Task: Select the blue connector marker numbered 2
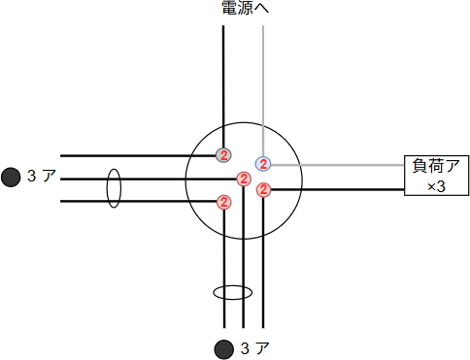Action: click(x=263, y=163)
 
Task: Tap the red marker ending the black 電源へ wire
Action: click(x=224, y=155)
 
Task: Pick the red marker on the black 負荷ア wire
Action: click(x=263, y=189)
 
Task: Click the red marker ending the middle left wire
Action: click(x=244, y=179)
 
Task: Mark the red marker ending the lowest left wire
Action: click(x=224, y=202)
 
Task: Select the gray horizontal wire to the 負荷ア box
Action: click(x=340, y=163)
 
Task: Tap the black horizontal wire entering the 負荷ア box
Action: click(x=340, y=189)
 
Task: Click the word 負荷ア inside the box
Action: click(x=436, y=166)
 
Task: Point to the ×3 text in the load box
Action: click(x=436, y=185)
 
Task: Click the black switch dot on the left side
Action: click(x=11, y=177)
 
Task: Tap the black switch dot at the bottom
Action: click(x=224, y=348)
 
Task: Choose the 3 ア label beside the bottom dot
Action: click(x=254, y=348)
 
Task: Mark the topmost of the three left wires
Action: click(x=136, y=155)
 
